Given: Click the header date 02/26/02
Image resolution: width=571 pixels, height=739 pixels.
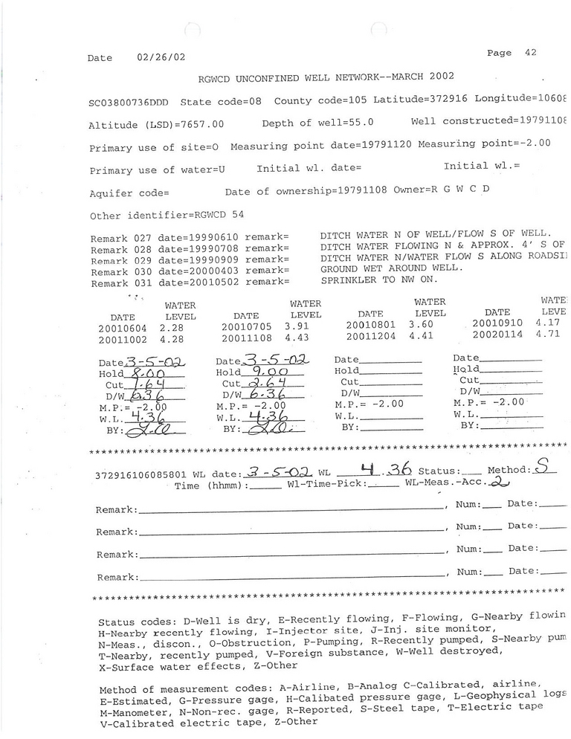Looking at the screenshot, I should (x=162, y=57).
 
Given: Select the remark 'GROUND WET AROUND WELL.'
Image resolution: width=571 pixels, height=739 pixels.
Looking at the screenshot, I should (x=392, y=268).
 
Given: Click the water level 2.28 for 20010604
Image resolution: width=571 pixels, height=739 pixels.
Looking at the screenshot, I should (x=175, y=327).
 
